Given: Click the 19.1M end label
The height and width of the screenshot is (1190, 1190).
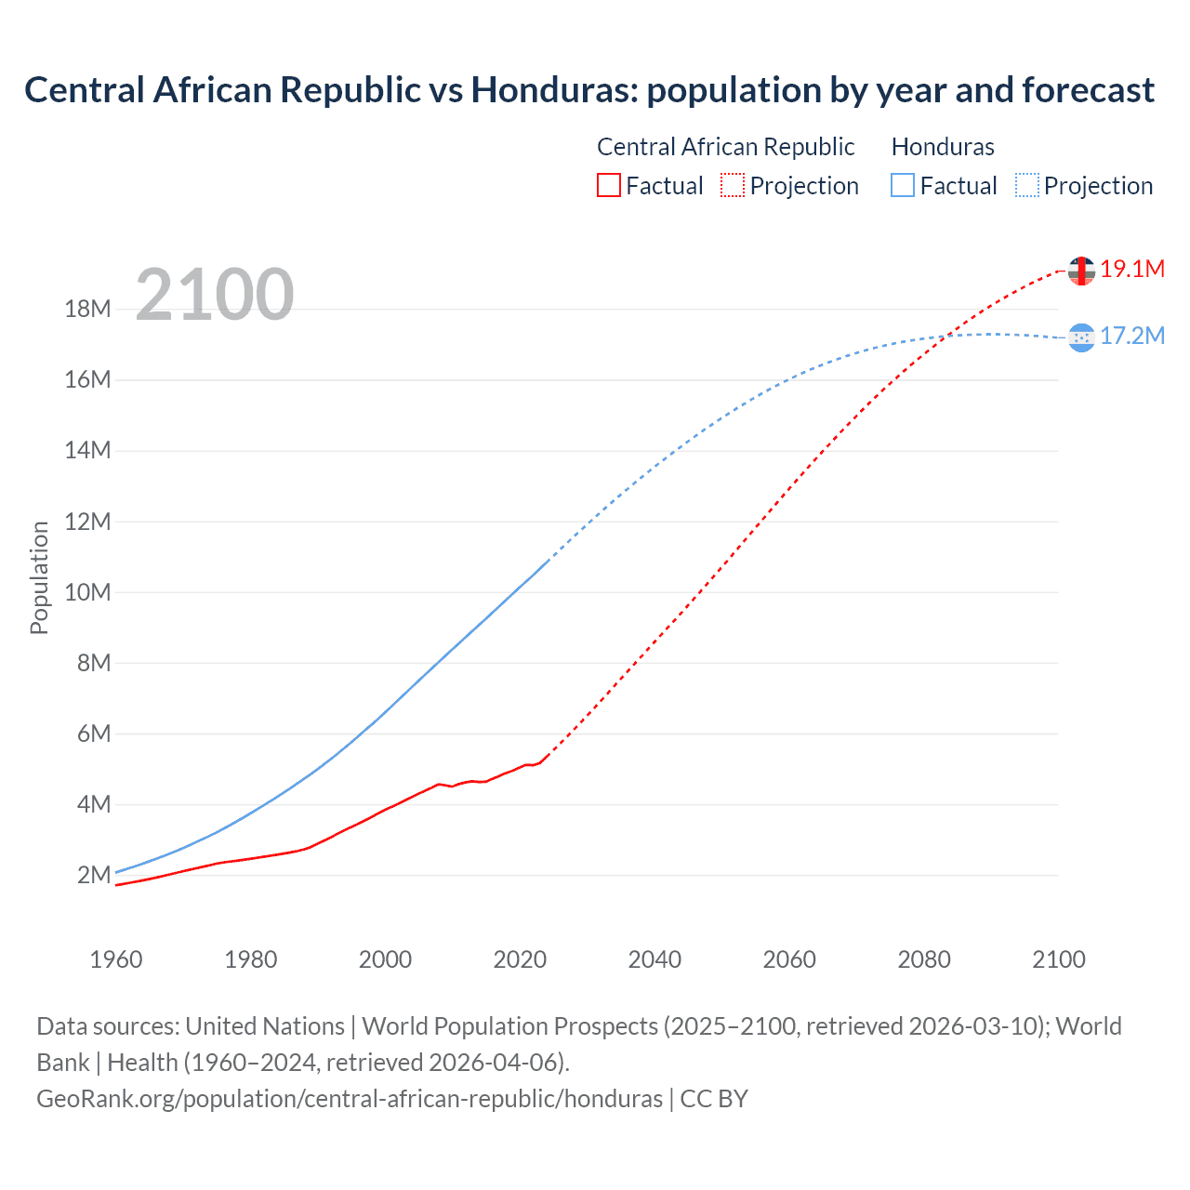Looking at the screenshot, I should tap(1131, 270).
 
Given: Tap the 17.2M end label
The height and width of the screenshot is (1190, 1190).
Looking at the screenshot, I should tap(1131, 337).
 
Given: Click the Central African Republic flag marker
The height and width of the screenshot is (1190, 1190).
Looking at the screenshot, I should tap(1081, 271).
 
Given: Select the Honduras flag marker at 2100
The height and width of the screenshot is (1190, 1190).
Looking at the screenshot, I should tap(1081, 337).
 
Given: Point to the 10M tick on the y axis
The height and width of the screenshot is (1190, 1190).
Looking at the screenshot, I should tap(88, 592).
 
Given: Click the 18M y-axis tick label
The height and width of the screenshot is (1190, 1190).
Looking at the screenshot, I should tap(88, 309).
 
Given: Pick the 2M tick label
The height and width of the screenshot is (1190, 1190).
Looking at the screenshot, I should tap(94, 875).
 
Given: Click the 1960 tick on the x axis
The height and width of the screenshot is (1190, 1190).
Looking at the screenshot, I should tap(116, 959).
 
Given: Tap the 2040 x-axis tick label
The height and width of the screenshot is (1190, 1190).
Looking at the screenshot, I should tap(654, 959).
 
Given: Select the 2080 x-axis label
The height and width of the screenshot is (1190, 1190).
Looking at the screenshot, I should tap(924, 959).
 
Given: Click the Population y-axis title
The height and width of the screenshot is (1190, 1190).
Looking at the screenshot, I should tap(39, 578).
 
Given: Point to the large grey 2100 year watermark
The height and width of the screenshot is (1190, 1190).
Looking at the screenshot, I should tap(215, 296).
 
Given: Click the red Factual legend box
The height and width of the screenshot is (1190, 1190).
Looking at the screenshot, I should tap(608, 185).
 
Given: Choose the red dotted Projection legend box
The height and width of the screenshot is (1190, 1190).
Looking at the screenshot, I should tap(732, 185).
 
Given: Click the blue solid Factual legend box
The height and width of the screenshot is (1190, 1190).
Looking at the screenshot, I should tap(902, 185).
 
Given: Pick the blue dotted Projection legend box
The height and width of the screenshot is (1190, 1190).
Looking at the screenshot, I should tap(1026, 185).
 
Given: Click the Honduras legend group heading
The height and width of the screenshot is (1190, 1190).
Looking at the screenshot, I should tap(943, 147).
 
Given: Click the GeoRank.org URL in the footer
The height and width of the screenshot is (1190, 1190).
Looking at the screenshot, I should tap(350, 1099).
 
